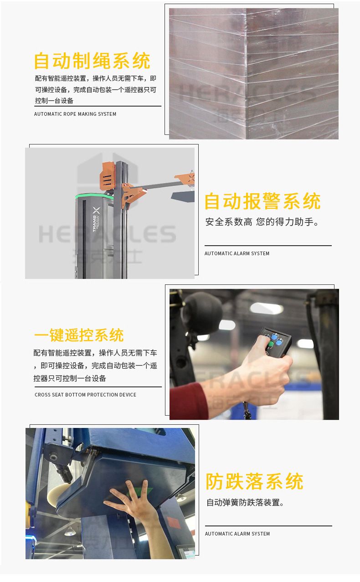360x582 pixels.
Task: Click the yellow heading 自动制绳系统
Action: point(92,61)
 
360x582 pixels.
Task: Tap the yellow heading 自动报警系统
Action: point(262,201)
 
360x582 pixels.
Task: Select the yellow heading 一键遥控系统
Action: point(79,335)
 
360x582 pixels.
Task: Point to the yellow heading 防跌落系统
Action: point(255,481)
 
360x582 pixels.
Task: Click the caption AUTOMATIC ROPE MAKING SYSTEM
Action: point(75,114)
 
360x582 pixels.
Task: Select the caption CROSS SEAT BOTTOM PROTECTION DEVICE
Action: point(86,395)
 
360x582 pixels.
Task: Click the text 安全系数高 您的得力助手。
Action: point(262,222)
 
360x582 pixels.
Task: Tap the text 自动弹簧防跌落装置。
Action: point(245,503)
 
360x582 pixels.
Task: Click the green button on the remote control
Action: point(270,344)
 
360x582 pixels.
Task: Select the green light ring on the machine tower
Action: point(94,196)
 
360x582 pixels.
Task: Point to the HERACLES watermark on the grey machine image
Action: point(107,234)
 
